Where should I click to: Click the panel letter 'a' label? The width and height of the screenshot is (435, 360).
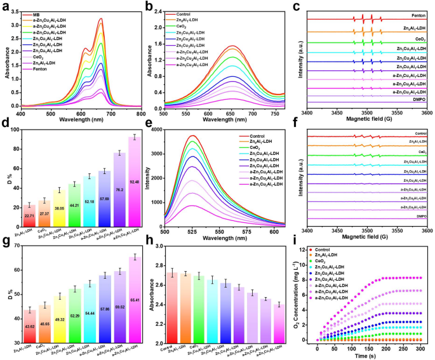point(6,6)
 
